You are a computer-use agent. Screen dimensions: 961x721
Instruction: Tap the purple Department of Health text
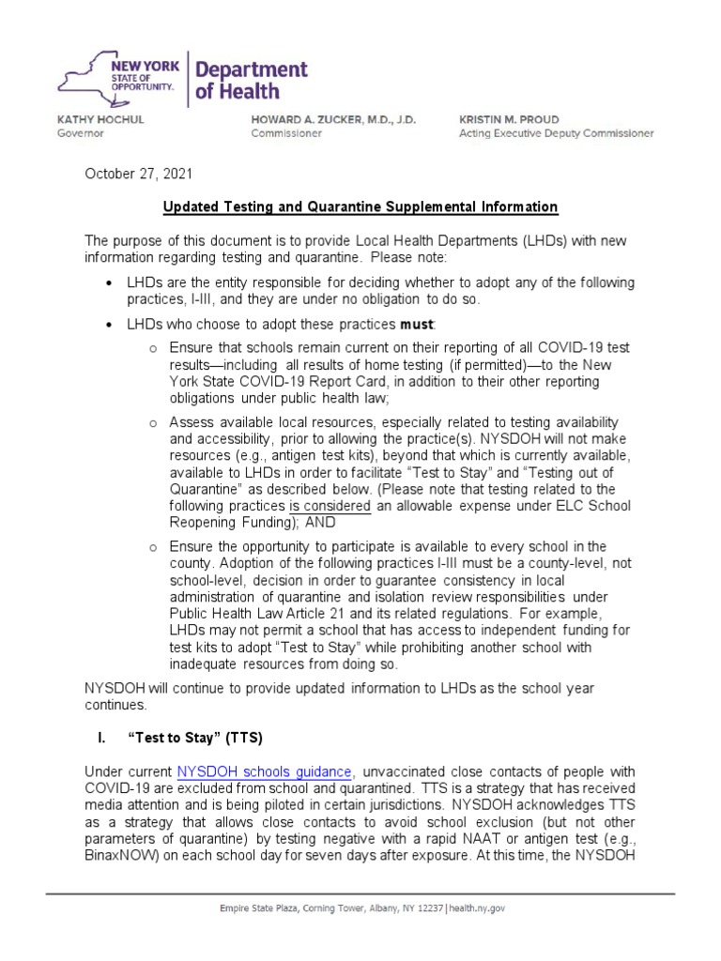point(251,80)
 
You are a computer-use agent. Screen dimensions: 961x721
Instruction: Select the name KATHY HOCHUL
point(101,120)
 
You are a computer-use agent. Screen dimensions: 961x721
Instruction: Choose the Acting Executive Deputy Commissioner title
point(556,133)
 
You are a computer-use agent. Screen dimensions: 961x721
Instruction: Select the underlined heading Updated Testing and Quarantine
point(360,206)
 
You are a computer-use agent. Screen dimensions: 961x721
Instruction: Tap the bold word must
point(417,324)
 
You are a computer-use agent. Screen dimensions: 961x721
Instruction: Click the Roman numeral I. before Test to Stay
point(103,739)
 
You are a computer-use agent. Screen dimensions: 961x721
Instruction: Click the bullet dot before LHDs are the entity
point(110,283)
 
